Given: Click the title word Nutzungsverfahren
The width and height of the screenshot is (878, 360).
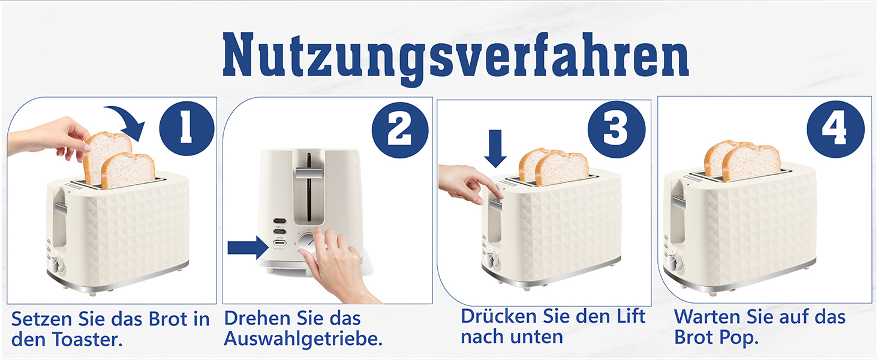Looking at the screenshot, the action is click(455, 57).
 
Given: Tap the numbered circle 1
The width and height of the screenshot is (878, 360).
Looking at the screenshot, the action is click(187, 128).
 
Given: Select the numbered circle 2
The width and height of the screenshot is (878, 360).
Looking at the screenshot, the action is click(400, 130).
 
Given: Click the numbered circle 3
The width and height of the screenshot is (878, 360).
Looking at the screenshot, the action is click(616, 129).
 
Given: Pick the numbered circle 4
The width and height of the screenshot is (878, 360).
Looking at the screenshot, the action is click(835, 129).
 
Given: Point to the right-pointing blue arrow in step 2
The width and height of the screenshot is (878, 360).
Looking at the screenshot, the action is click(248, 247).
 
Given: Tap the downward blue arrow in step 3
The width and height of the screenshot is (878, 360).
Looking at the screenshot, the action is click(495, 148).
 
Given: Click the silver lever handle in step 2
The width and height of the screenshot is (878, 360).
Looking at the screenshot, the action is click(309, 173).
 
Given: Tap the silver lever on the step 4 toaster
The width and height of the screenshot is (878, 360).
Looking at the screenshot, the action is click(678, 202).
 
